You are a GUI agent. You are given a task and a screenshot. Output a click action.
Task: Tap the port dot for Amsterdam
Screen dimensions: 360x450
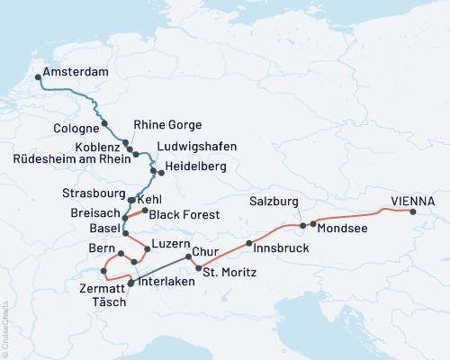[38, 78]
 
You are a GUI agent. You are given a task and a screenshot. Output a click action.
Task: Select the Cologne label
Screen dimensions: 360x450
[75, 130]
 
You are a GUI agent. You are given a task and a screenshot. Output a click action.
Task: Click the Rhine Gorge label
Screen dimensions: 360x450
[167, 125]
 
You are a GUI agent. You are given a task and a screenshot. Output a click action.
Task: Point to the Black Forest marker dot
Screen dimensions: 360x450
[145, 210]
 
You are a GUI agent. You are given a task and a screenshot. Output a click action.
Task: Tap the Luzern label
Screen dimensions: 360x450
[172, 245]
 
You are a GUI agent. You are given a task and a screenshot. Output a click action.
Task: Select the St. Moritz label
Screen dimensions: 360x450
[230, 272]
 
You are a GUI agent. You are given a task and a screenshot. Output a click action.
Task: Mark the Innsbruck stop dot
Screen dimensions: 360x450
[248, 244]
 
